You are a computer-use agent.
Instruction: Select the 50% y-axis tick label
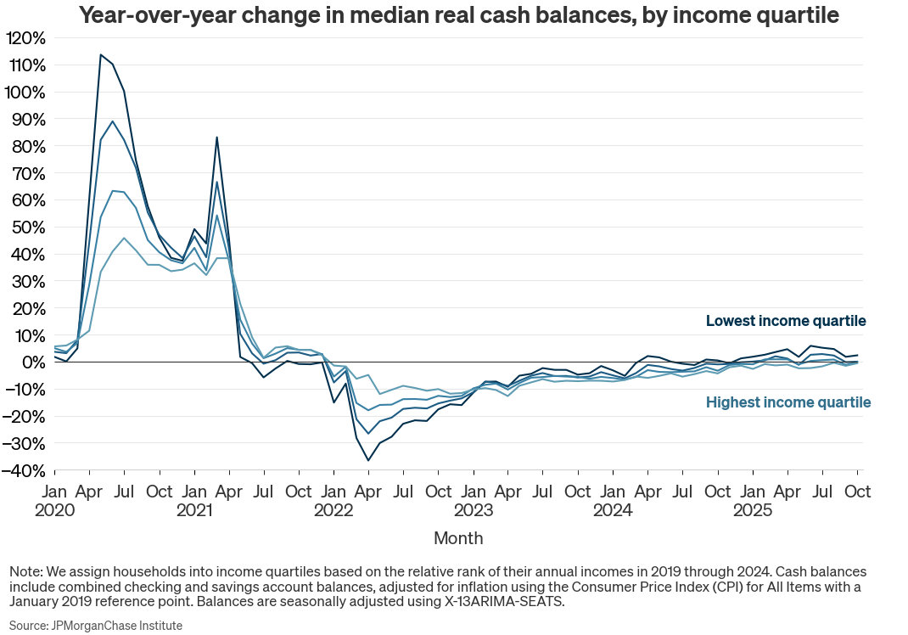(27, 228)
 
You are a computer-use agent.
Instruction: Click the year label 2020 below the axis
(54, 510)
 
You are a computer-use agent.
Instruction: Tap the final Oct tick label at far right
(857, 492)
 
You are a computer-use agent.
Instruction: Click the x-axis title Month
(458, 538)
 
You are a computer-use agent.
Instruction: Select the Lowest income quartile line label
(786, 321)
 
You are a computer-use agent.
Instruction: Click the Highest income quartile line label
(788, 402)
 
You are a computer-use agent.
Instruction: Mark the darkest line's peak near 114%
(101, 54)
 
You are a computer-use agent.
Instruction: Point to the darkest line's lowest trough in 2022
(368, 460)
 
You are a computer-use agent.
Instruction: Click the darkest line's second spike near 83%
(217, 137)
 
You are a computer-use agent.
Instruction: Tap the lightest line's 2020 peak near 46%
(124, 238)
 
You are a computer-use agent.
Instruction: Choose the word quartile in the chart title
(797, 15)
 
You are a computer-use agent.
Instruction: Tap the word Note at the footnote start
(24, 571)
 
